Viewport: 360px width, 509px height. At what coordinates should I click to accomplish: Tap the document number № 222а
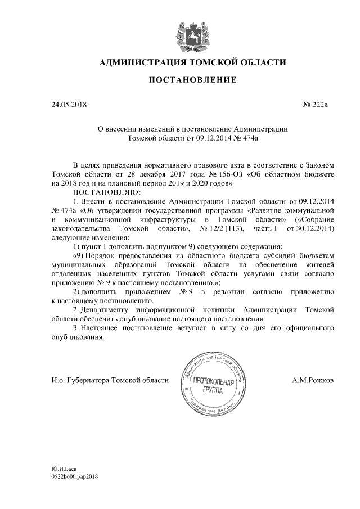(x=319, y=105)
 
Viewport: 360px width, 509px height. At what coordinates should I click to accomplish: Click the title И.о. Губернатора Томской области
(x=109, y=381)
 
